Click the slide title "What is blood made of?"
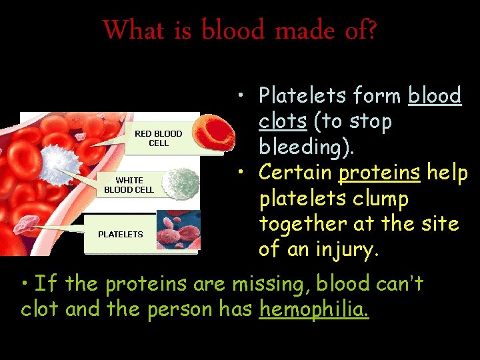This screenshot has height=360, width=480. click(x=240, y=29)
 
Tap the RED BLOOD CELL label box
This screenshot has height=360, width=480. click(x=158, y=138)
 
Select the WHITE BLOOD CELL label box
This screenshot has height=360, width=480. click(x=129, y=185)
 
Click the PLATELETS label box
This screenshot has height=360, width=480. click(x=121, y=234)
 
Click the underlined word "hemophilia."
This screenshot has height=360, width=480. click(x=314, y=309)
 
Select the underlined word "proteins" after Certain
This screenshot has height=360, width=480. click(x=379, y=173)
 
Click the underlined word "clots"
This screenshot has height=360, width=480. click(x=283, y=121)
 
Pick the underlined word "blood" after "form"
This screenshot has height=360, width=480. click(x=435, y=96)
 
